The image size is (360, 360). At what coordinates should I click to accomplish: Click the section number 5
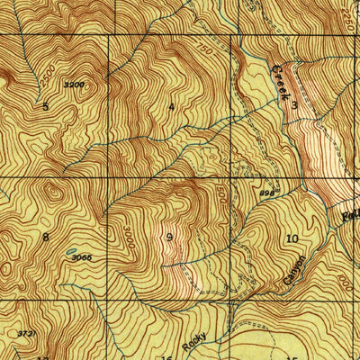45,106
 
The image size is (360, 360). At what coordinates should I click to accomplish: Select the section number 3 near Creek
293,106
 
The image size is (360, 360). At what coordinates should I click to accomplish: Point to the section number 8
45,238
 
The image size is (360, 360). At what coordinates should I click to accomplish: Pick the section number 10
292,238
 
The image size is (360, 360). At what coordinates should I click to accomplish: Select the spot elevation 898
266,192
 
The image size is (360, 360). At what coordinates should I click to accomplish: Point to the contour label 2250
351,18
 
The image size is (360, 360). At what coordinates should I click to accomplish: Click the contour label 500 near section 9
222,193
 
